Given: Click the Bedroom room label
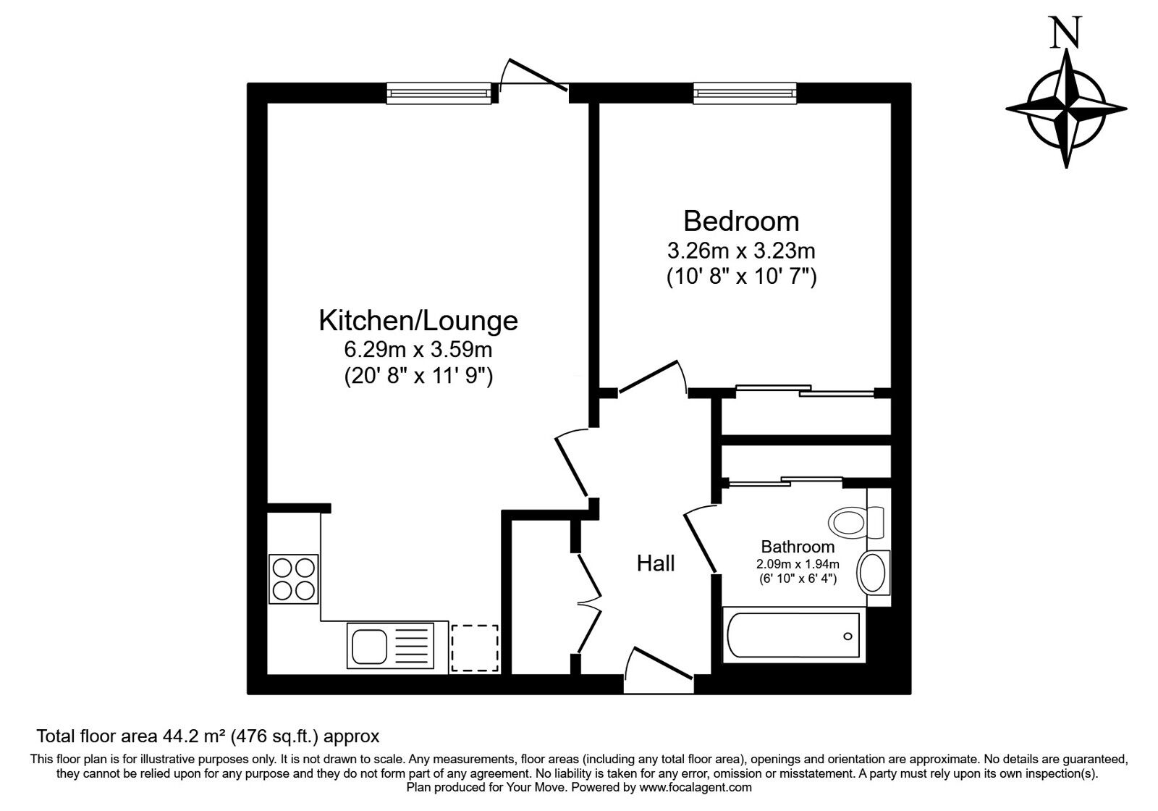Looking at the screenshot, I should tap(741, 220).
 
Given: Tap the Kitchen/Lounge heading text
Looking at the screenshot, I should tap(418, 320).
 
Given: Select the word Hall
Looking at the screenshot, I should tap(656, 563).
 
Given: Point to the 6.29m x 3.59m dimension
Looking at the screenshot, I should tap(418, 350).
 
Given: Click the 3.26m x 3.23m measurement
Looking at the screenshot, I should tap(741, 251).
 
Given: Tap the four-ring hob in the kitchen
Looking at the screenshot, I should tap(293, 579).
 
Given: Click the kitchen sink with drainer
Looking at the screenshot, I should tap(389, 644).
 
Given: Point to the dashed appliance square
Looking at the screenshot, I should tap(475, 647).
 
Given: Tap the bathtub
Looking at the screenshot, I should tap(793, 636).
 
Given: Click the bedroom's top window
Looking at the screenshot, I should tap(745, 93).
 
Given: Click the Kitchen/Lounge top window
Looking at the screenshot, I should tap(439, 93).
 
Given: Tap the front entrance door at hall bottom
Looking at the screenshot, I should tap(659, 665).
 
